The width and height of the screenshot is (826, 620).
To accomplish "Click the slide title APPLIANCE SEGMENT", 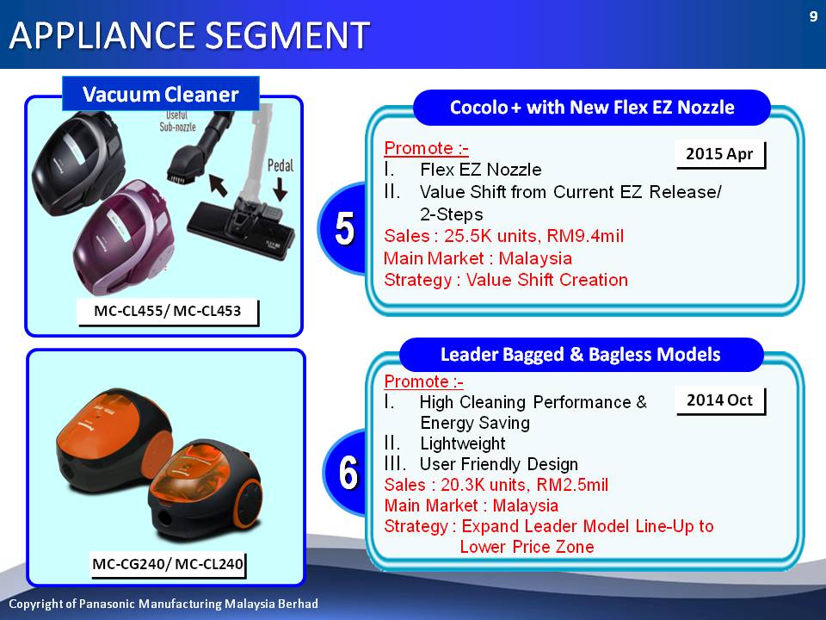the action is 189,35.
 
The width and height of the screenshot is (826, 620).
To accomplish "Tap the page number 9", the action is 813,17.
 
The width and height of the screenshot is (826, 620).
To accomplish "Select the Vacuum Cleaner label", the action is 161,94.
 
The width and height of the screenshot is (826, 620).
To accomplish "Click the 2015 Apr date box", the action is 720,154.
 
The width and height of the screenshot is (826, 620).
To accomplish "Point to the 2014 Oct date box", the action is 720,400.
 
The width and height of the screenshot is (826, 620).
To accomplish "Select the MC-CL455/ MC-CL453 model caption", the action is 168,312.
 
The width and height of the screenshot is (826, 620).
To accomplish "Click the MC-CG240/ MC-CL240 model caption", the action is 168,565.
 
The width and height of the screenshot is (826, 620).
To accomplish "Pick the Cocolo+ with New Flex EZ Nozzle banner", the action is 592,108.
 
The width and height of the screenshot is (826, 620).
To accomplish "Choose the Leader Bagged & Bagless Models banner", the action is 581,355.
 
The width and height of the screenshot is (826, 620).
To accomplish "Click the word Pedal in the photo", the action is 280,166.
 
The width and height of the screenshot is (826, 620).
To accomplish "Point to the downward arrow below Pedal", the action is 280,189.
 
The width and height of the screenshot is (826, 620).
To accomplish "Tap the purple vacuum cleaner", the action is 124,238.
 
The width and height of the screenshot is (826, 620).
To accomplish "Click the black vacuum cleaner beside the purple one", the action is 79,164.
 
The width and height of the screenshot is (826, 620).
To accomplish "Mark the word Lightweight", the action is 463,444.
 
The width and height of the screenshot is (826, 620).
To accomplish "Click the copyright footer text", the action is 163,604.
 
